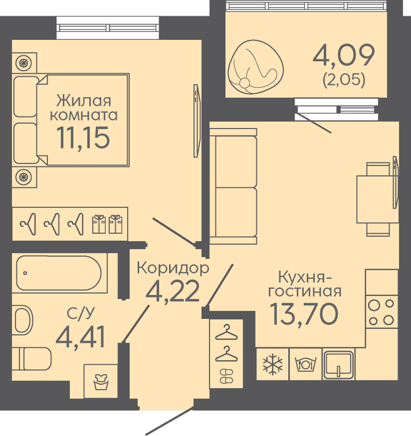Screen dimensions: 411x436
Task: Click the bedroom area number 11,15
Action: click(x=83, y=138)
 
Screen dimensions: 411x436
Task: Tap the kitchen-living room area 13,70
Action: click(x=304, y=314)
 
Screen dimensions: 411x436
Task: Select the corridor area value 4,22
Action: click(x=173, y=291)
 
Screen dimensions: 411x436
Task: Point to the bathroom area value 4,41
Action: click(x=80, y=336)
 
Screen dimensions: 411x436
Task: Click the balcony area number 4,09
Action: click(x=344, y=55)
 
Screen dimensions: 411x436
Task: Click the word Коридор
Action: click(x=173, y=268)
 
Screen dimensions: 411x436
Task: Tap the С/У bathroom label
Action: click(x=80, y=313)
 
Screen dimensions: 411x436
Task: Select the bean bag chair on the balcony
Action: click(x=255, y=66)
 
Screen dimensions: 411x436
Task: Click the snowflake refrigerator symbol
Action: click(x=273, y=364)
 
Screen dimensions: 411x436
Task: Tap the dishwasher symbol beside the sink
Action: click(x=306, y=364)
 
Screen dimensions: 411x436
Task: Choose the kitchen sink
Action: click(x=339, y=364)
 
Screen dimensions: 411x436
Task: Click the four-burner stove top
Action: click(x=381, y=312)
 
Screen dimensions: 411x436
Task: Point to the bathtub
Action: click(x=59, y=273)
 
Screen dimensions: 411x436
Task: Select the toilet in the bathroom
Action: click(x=31, y=359)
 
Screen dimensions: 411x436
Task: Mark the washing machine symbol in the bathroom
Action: click(x=101, y=381)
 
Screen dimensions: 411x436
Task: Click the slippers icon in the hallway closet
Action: click(x=226, y=376)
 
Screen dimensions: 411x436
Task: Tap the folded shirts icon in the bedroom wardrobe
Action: click(x=107, y=224)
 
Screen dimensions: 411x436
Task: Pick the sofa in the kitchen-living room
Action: click(x=233, y=186)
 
